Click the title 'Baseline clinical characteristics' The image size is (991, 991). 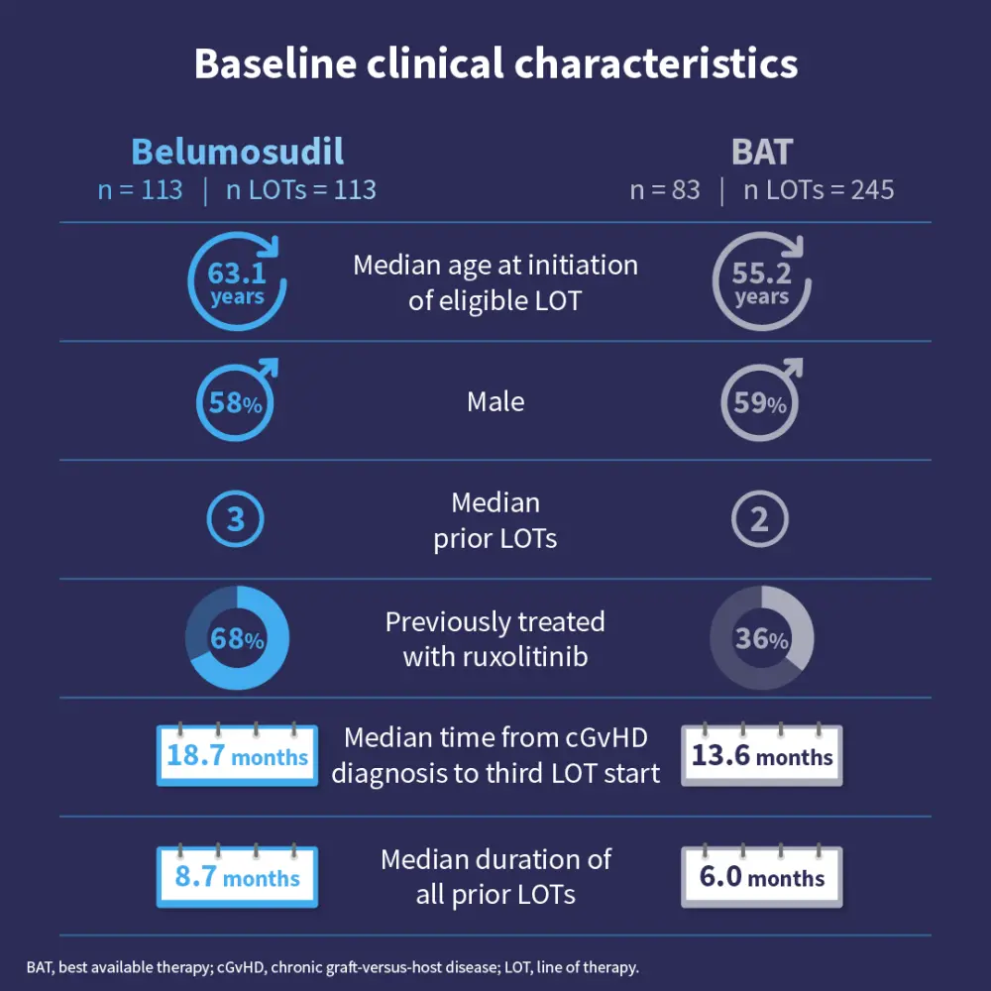(495, 64)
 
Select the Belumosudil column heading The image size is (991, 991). (238, 152)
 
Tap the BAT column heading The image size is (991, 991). (762, 152)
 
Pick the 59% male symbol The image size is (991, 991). (760, 402)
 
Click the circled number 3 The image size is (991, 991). (236, 519)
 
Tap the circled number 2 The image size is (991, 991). (760, 519)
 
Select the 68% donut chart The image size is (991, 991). (238, 639)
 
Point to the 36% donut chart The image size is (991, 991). (762, 639)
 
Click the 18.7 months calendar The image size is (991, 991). (238, 756)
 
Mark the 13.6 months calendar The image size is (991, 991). (762, 756)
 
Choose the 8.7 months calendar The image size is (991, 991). (238, 876)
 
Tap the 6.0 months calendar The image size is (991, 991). (762, 876)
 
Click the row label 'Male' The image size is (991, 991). (495, 401)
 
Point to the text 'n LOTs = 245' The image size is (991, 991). (819, 190)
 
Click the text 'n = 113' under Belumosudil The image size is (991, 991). (140, 190)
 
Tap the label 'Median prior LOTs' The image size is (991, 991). (495, 520)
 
